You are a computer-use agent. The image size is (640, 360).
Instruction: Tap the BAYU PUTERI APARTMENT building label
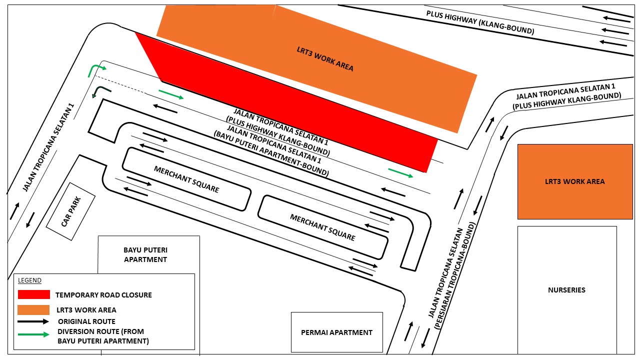pyautogui.click(x=145, y=254)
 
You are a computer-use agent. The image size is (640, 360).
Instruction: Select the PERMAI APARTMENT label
pyautogui.click(x=336, y=332)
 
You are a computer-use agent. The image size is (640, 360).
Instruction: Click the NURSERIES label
pyautogui.click(x=566, y=290)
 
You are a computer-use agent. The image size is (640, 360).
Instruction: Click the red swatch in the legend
pyautogui.click(x=34, y=294)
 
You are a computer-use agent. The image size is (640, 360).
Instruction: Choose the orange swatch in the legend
pyautogui.click(x=34, y=310)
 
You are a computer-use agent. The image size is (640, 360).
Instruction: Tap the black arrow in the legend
pyautogui.click(x=33, y=321)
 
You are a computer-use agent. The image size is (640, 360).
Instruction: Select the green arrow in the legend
pyautogui.click(x=33, y=335)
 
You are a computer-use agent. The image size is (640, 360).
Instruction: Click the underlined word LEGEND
pyautogui.click(x=29, y=280)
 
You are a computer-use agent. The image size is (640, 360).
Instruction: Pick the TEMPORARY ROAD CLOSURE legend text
pyautogui.click(x=103, y=295)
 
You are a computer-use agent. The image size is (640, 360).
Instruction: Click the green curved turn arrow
pyautogui.click(x=96, y=70)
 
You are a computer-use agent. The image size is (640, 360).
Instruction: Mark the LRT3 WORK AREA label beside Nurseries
pyautogui.click(x=574, y=181)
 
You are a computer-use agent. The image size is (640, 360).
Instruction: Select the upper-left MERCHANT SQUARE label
pyautogui.click(x=186, y=179)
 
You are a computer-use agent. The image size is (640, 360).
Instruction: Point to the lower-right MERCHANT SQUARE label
pyautogui.click(x=322, y=227)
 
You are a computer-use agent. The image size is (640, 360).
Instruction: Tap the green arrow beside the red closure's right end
pyautogui.click(x=400, y=172)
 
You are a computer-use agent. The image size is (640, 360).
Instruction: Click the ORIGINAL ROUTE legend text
pyautogui.click(x=86, y=321)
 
